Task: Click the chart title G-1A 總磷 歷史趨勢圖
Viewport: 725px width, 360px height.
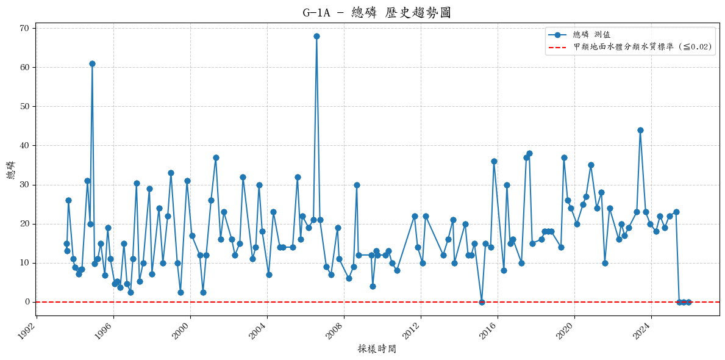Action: coord(376,13)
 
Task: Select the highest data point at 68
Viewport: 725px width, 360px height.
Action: coord(316,36)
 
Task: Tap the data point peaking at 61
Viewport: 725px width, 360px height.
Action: coord(92,63)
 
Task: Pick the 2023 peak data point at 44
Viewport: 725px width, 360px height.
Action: coord(640,130)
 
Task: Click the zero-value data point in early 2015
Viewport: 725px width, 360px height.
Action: coord(482,302)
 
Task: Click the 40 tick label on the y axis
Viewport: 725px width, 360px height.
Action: coord(24,145)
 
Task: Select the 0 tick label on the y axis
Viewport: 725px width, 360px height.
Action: coord(27,302)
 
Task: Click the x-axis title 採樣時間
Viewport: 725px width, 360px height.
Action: coord(376,349)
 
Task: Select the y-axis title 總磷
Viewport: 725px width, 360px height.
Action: coord(11,170)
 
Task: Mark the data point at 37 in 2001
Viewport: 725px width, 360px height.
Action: coord(216,157)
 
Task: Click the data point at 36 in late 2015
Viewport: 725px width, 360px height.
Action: coord(494,161)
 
